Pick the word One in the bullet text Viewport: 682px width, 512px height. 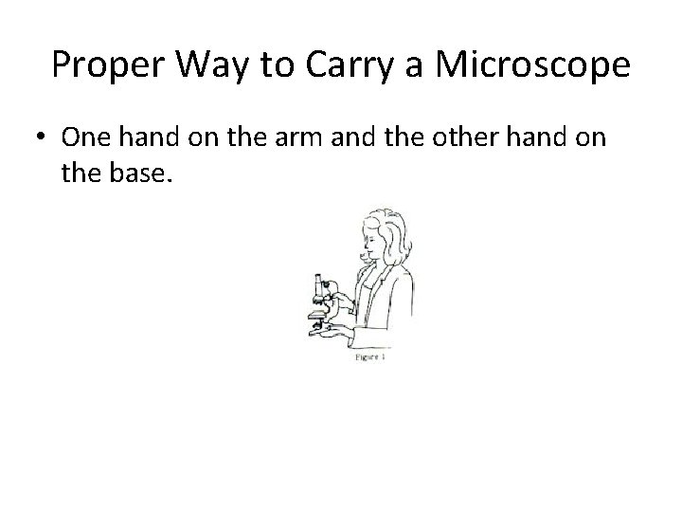pos(86,137)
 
